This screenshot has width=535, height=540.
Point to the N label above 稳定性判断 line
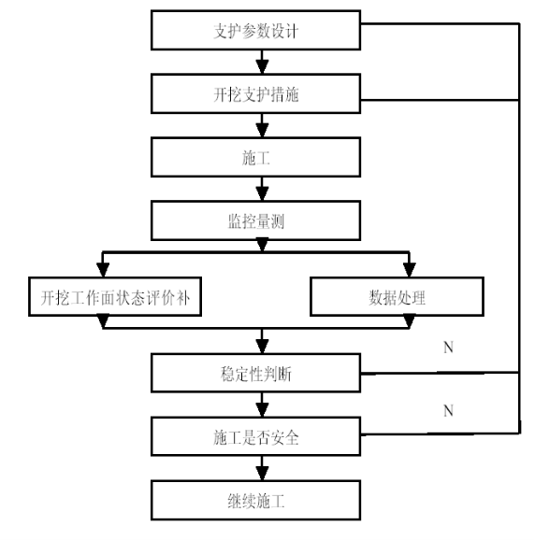pyautogui.click(x=448, y=348)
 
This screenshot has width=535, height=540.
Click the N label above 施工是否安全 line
pyautogui.click(x=448, y=411)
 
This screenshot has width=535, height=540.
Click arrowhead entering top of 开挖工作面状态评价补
pyautogui.click(x=103, y=270)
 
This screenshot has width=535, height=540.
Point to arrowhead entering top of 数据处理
pyautogui.click(x=409, y=270)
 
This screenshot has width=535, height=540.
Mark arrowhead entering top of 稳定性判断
pyautogui.click(x=262, y=347)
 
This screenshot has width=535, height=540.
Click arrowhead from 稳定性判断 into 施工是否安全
pyautogui.click(x=262, y=410)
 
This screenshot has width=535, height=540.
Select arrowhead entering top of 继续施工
pyautogui.click(x=262, y=474)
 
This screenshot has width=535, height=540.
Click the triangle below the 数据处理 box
pyautogui.click(x=409, y=321)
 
